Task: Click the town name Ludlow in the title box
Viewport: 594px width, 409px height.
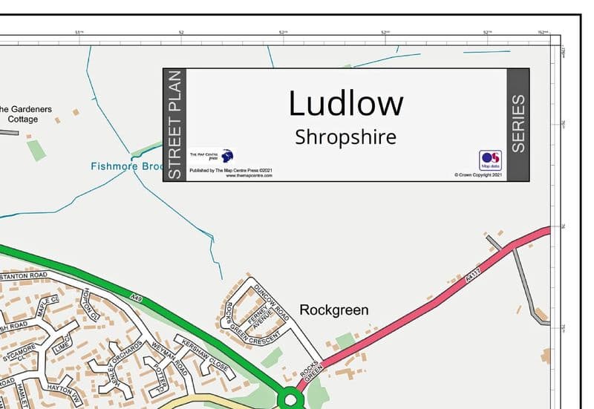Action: click(x=346, y=103)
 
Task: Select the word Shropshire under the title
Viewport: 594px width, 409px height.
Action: click(x=345, y=137)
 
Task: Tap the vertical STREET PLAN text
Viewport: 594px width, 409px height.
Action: click(x=174, y=125)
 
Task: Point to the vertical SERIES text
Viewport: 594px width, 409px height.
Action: click(x=518, y=124)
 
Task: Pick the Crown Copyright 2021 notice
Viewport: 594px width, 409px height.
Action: click(x=478, y=175)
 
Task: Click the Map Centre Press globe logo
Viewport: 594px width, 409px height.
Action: click(x=227, y=156)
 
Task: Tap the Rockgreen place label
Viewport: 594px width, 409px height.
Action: click(x=333, y=310)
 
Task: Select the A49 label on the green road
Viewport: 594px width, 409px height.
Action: click(x=135, y=298)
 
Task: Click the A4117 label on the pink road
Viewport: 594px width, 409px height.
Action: click(x=469, y=278)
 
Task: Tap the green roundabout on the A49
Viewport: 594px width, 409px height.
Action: click(x=290, y=400)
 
